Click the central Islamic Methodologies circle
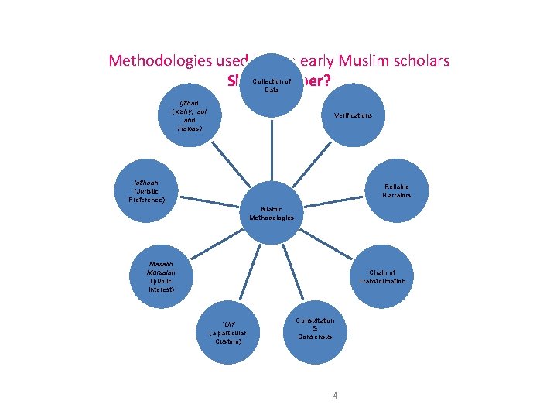pos(272,214)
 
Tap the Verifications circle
pos(353,115)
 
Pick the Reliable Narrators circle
pos(395,191)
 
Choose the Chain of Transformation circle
pos(381,276)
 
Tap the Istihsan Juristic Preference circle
pos(147,190)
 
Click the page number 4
pos(334,396)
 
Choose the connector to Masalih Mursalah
pos(217,245)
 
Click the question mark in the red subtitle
pos(327,79)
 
